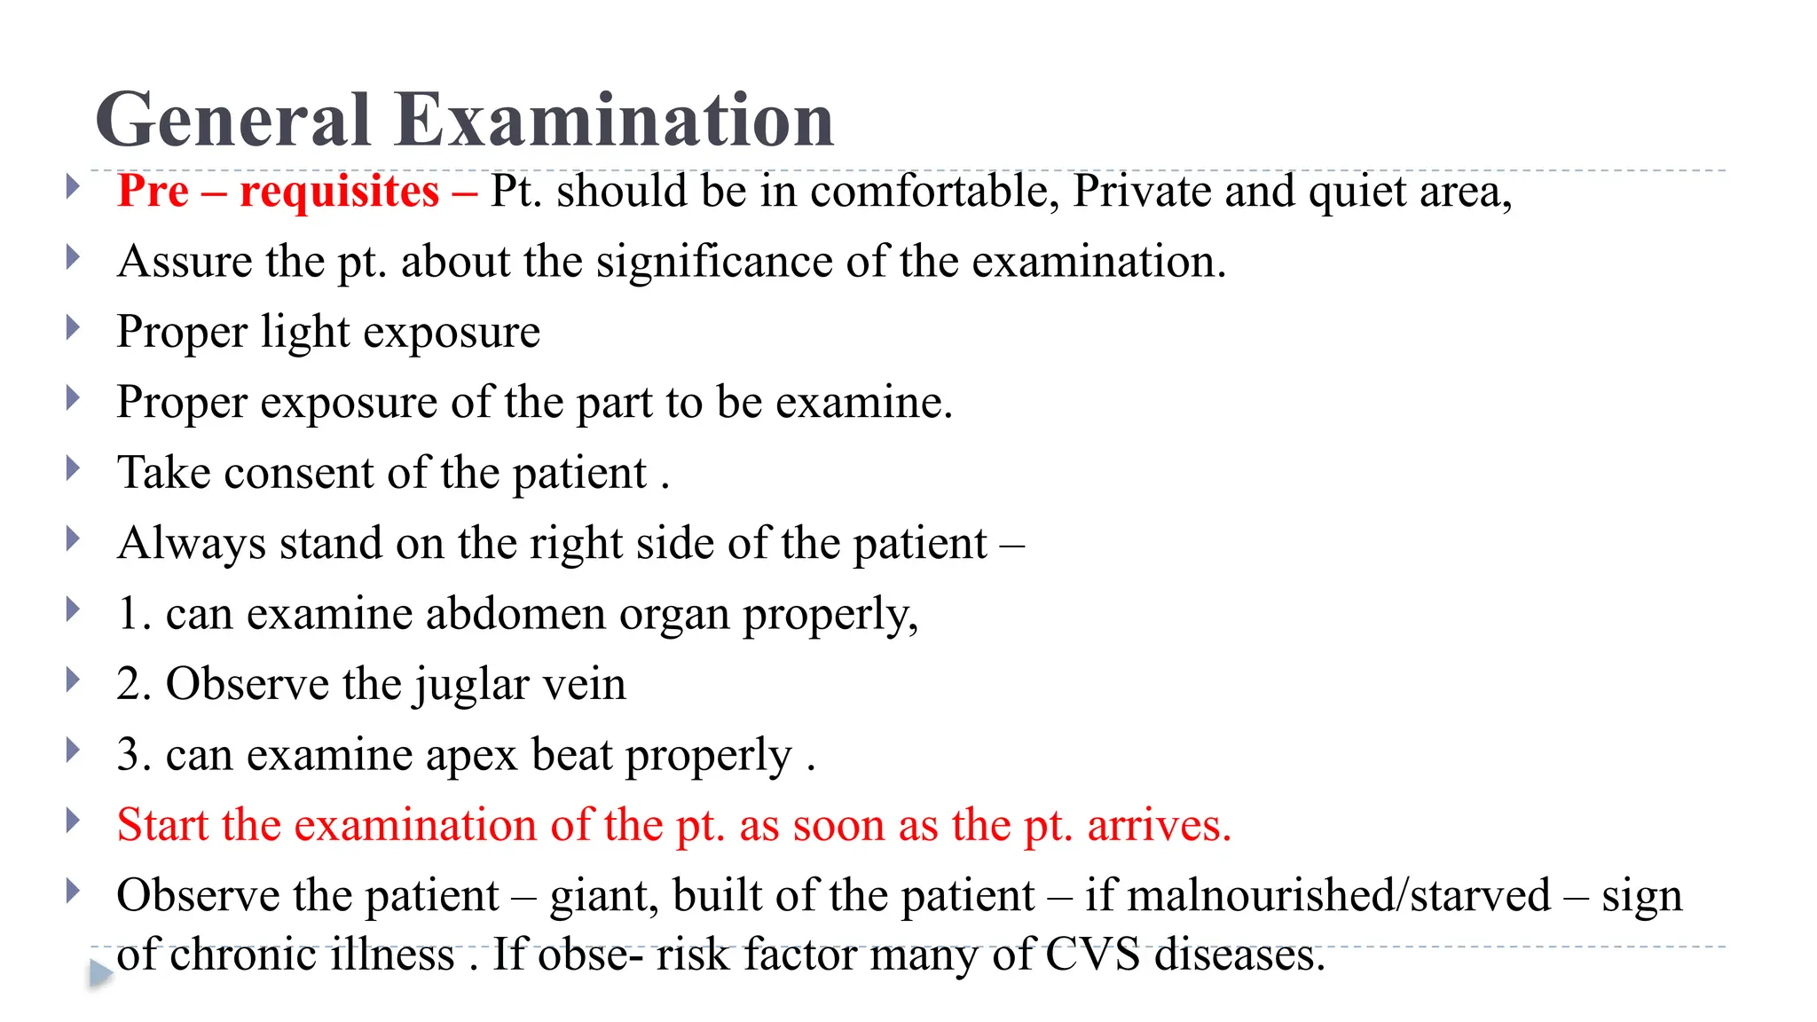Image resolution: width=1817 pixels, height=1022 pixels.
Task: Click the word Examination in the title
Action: (x=614, y=120)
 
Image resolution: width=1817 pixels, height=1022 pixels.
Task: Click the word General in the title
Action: (x=232, y=120)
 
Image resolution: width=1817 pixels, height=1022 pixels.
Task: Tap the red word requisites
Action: (x=339, y=192)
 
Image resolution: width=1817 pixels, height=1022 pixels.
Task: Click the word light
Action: (x=305, y=333)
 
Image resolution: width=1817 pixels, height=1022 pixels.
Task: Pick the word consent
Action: (x=299, y=473)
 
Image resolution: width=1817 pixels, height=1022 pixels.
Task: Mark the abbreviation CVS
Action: (x=1092, y=955)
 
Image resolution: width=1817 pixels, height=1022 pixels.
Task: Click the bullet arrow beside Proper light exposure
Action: (x=74, y=328)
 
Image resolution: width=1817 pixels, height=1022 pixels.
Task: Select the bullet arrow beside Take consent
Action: (x=74, y=468)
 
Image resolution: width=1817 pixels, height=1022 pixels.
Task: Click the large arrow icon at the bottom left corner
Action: (x=101, y=973)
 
